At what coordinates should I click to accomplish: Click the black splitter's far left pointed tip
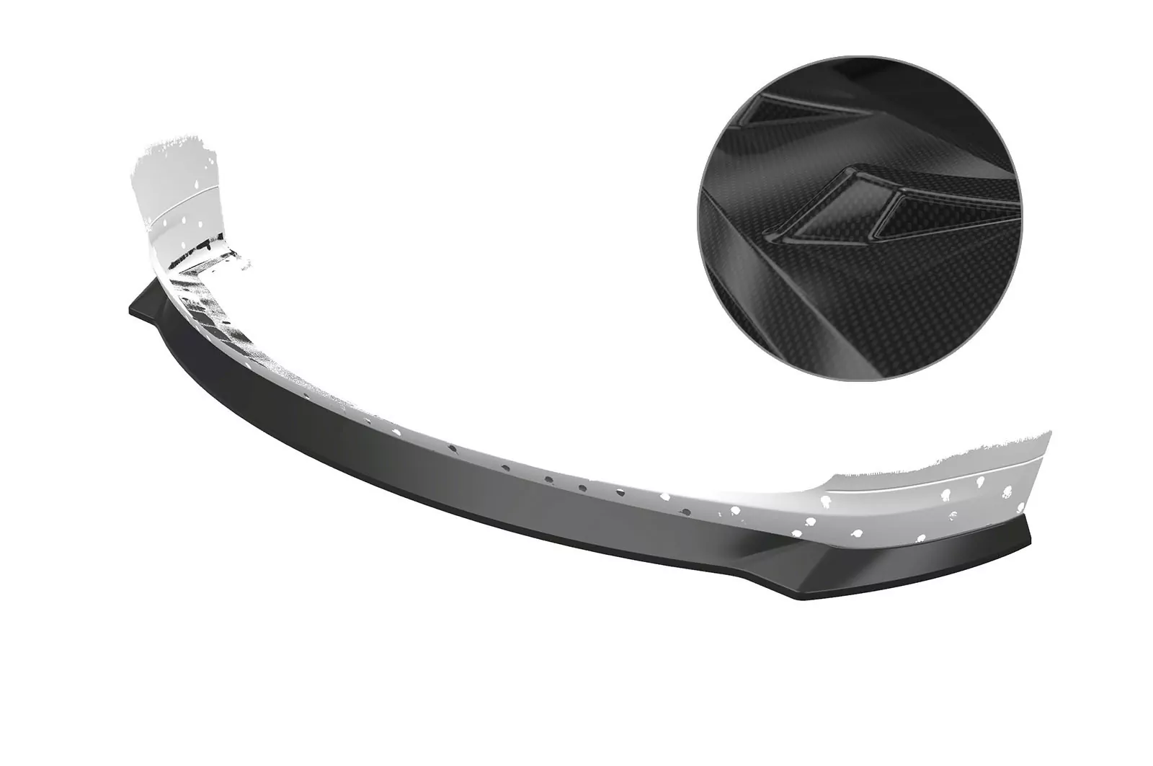130,306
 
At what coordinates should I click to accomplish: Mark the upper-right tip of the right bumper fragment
1050,432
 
